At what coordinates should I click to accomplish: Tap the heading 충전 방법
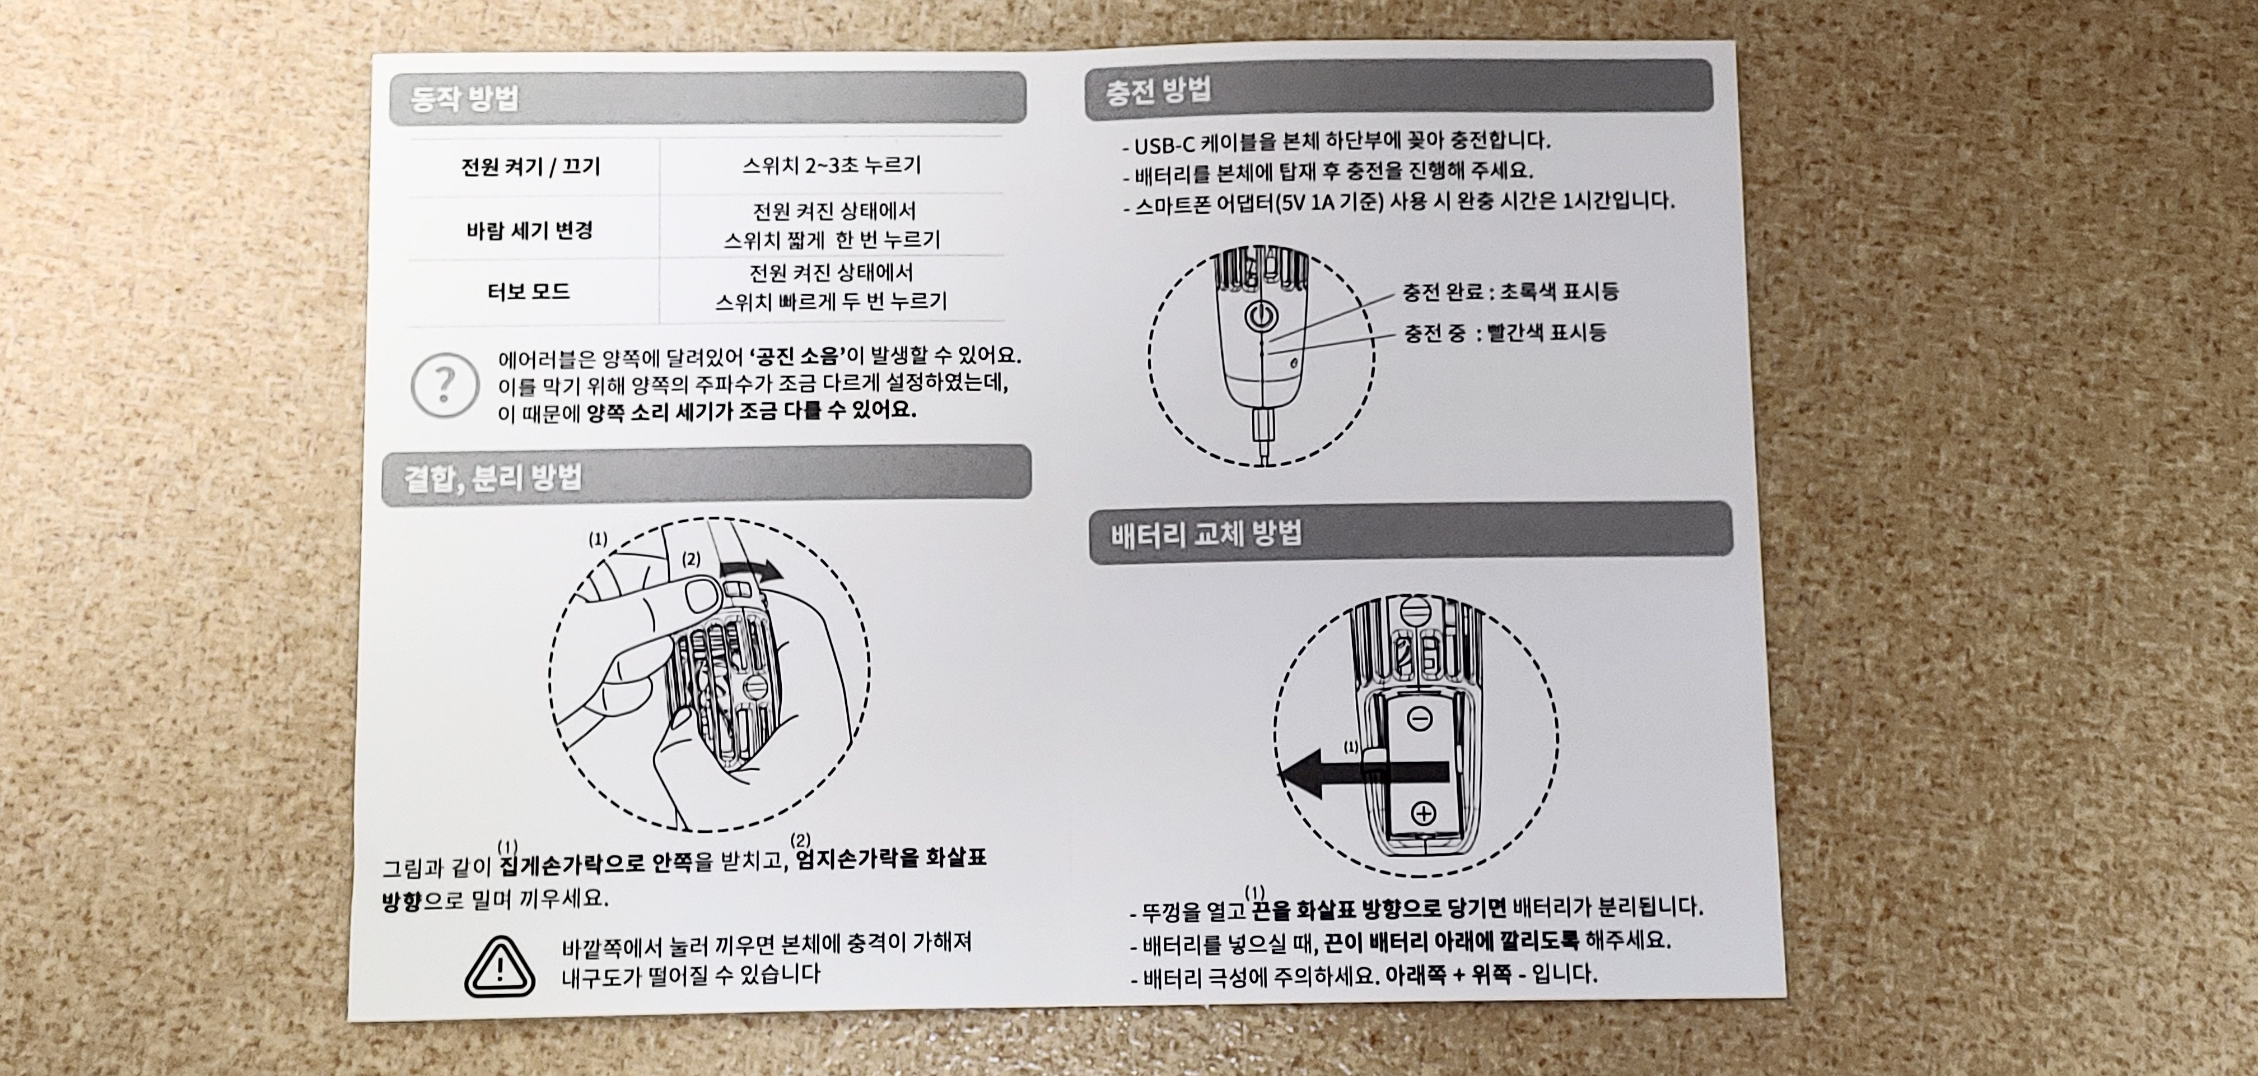(1158, 90)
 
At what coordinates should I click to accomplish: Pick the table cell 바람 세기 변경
(529, 231)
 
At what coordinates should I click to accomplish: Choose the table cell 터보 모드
(529, 291)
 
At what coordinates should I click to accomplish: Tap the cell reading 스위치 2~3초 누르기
(832, 165)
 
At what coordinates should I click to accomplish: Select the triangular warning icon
(499, 966)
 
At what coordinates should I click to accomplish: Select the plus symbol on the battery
(1422, 814)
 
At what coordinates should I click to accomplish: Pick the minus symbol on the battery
(1419, 719)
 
